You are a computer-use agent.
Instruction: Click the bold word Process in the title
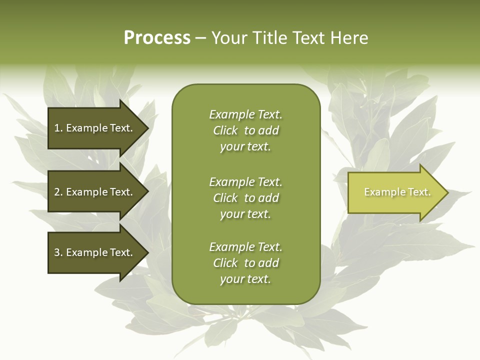157,38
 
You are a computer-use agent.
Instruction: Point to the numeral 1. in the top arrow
58,128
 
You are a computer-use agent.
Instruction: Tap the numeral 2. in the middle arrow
58,192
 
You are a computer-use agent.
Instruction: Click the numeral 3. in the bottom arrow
58,252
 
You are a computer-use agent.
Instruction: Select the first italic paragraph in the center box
245,130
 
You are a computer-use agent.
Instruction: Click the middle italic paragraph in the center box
245,198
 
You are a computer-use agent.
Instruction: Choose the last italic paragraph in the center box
245,263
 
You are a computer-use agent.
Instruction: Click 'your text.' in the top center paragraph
245,147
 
